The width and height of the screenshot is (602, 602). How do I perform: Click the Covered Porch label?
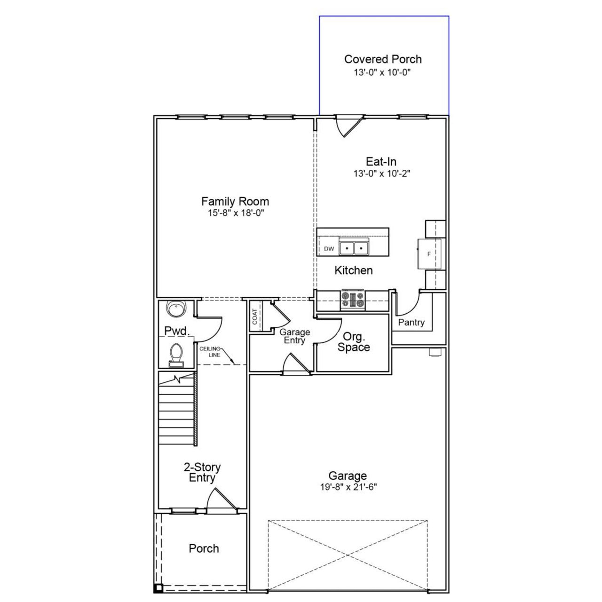(383, 59)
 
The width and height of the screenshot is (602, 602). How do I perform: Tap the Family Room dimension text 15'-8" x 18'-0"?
(235, 213)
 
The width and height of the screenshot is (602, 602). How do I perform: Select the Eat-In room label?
(381, 162)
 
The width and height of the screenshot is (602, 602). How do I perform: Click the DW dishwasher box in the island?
(329, 248)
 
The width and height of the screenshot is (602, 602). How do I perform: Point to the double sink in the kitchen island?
(354, 248)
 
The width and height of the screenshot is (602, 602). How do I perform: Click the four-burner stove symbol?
(353, 300)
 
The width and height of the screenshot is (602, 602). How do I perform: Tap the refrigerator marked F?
(428, 254)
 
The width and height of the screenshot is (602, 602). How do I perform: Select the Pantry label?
(411, 323)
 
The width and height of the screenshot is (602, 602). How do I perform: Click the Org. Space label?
(353, 342)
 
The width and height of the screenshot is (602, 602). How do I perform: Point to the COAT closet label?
(255, 317)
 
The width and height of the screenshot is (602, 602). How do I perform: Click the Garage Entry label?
(294, 336)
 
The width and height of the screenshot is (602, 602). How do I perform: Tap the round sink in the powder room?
(176, 309)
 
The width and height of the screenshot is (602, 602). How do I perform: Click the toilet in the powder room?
(176, 354)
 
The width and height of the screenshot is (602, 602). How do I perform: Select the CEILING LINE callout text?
(210, 352)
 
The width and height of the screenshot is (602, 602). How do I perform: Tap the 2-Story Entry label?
(202, 473)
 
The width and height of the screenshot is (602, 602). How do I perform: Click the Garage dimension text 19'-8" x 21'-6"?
(348, 487)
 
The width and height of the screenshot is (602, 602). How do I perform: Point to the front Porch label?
(204, 548)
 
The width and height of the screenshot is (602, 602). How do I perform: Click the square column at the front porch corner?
(158, 587)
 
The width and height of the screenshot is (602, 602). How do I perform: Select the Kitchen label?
(353, 270)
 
